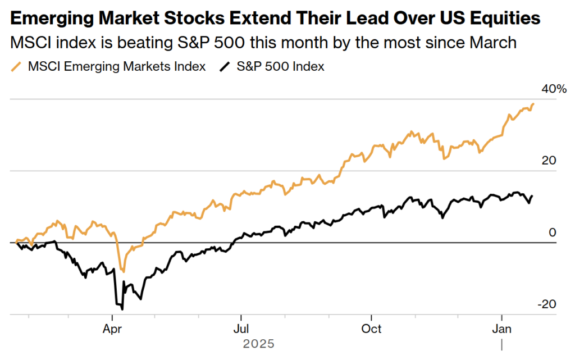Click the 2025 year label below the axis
tap(258, 343)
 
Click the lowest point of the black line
tap(122, 309)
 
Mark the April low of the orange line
tap(124, 271)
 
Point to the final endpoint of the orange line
tap(533, 104)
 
